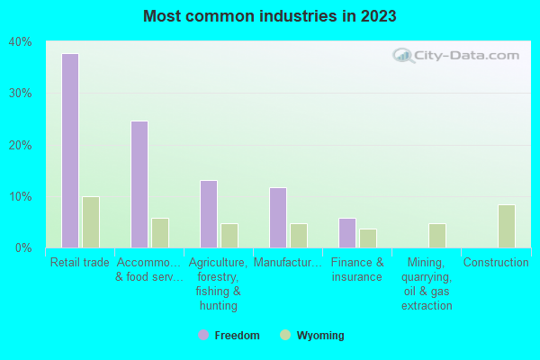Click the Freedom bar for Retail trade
[x=69, y=150]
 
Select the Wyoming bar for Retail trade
[x=90, y=221]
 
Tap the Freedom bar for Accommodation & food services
[x=139, y=184]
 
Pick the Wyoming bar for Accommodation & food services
[x=160, y=232]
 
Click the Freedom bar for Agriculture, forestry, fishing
[x=209, y=213]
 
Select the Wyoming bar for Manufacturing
[x=299, y=235]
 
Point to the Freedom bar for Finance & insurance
[x=347, y=232]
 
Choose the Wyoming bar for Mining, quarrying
[x=437, y=235]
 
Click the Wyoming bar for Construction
[x=507, y=226]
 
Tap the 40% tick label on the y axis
[x=20, y=41]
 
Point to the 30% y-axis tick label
[x=20, y=93]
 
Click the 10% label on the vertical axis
[x=20, y=196]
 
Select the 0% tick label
[x=22, y=247]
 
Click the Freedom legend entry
[x=229, y=336]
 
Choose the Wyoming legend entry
[x=312, y=336]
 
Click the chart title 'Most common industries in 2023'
[x=269, y=16]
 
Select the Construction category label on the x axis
[x=496, y=263]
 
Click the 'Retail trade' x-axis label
[x=80, y=263]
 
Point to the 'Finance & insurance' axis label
[x=357, y=269]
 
